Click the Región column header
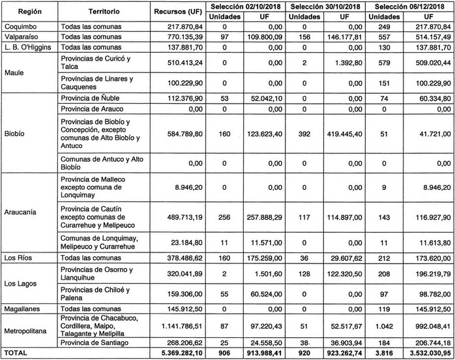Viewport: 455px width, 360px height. (28, 12)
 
